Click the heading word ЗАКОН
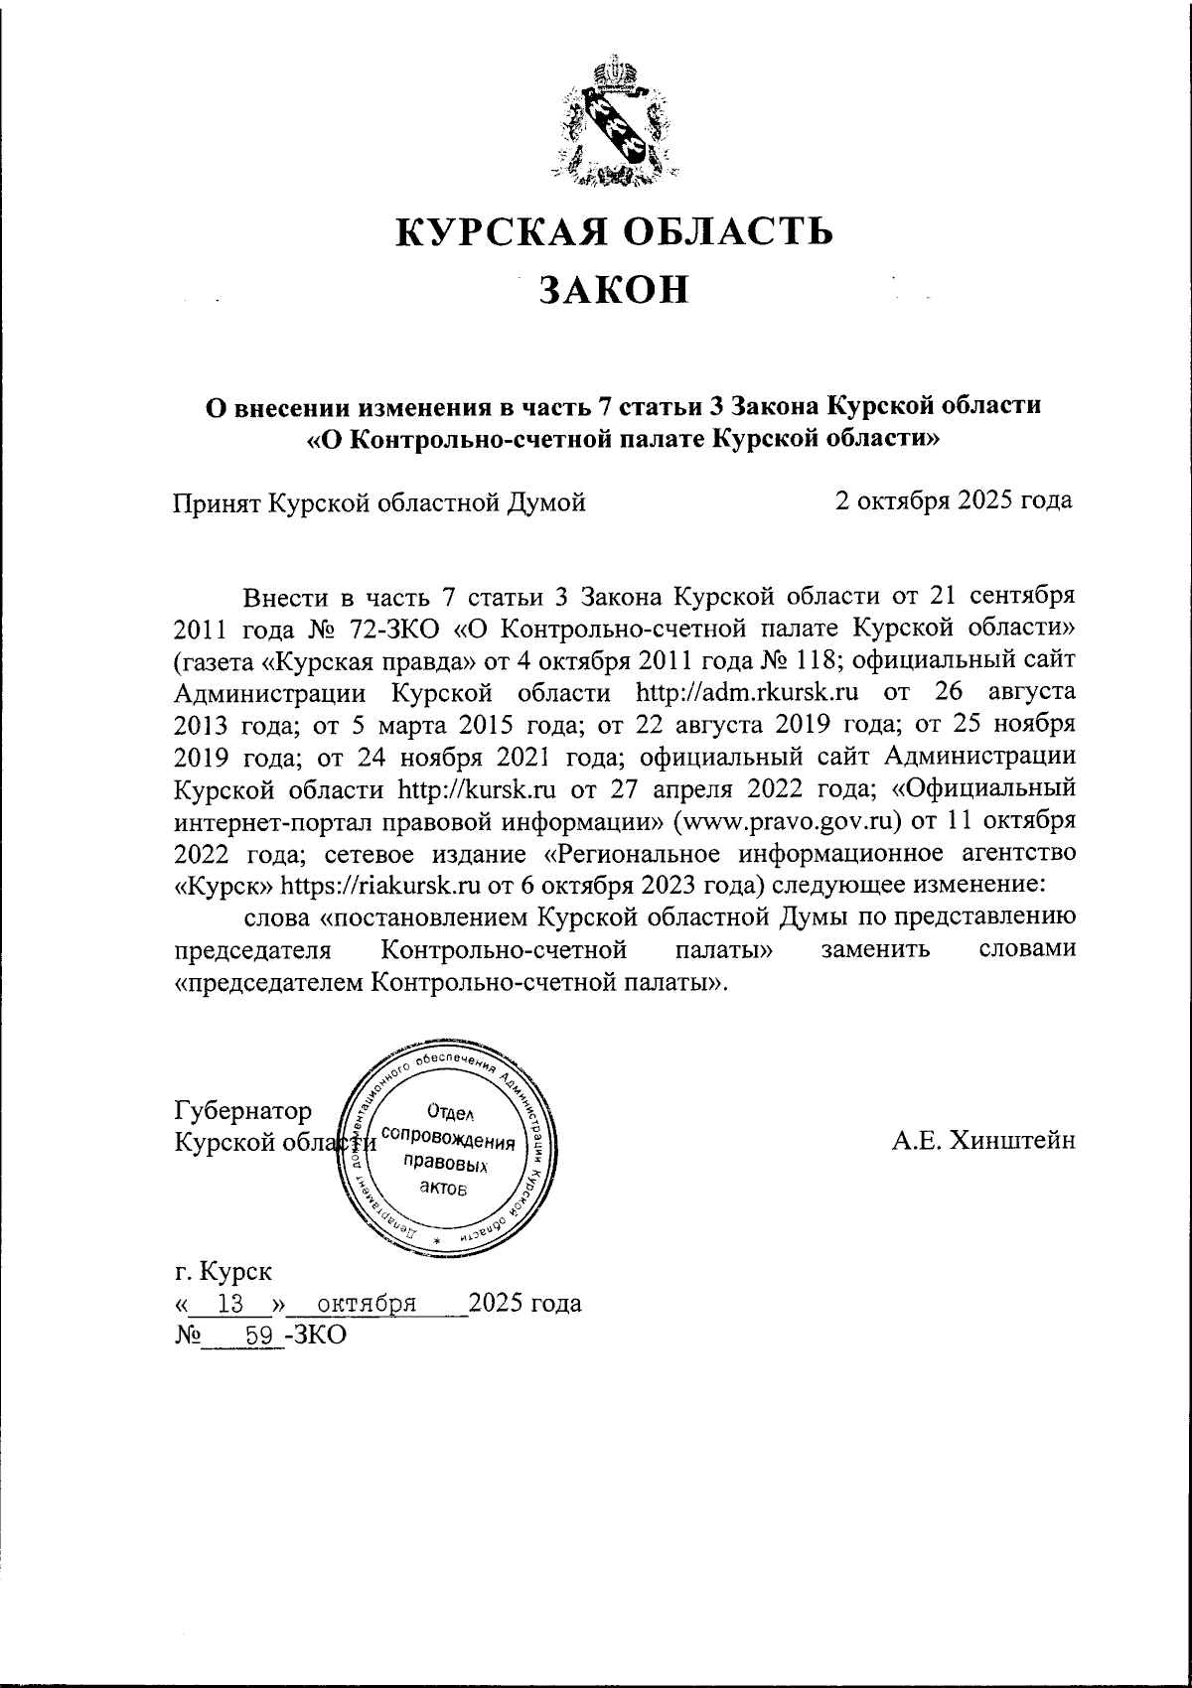pyautogui.click(x=614, y=289)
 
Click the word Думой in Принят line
pyautogui.click(x=548, y=502)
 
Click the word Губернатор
pyautogui.click(x=242, y=1110)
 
